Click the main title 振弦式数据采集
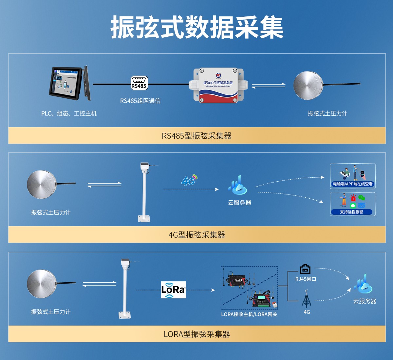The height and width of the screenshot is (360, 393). pos(196,27)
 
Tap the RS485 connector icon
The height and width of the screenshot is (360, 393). pos(139,83)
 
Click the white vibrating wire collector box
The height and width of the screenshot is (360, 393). pos(218,85)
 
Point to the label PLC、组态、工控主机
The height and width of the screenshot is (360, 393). pos(69,113)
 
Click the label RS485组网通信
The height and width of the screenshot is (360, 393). pos(140,101)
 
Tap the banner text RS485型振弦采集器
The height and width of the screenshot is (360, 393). pos(196,136)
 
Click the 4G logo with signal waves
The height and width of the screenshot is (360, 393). pos(189,180)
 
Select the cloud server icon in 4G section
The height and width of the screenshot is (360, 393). pos(238,186)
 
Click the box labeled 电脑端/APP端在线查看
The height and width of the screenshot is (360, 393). pos(353,176)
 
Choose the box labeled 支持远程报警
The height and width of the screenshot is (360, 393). pos(353,204)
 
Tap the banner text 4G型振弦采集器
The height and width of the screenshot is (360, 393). pos(196,235)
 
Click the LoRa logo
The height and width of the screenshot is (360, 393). pos(173,290)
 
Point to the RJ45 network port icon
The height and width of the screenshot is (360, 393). pos(305,269)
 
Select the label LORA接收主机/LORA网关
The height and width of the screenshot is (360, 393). pos(249,314)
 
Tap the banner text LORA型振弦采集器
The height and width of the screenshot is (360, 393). pos(196,334)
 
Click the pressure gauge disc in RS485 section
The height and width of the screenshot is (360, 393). pos(308,86)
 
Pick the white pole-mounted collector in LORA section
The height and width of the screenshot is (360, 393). pos(125,289)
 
